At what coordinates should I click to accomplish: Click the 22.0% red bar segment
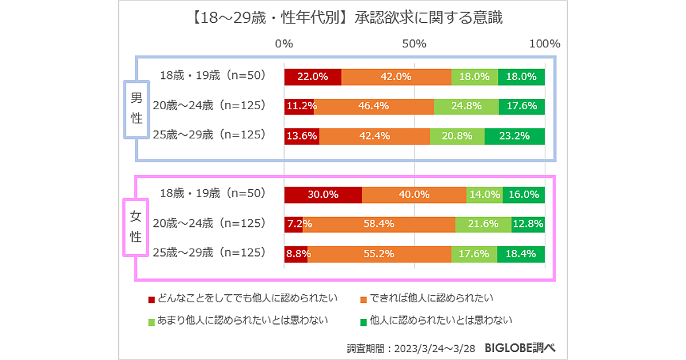313,77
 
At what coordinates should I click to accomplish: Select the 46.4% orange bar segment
374,106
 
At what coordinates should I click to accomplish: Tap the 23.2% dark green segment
514,136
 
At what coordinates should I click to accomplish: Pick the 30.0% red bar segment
323,194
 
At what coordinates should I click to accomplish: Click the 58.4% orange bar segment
379,224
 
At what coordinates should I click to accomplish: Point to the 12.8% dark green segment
528,224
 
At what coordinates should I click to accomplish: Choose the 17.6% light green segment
474,254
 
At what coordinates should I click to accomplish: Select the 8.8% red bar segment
296,254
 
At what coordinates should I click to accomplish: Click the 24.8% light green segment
466,106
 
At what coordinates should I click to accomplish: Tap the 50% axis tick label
414,44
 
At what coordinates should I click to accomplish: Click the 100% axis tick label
544,44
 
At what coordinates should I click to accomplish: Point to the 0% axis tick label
284,44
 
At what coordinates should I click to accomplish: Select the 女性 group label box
136,227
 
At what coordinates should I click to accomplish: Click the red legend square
151,299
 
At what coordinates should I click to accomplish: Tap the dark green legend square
364,321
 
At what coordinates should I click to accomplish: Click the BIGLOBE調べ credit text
520,347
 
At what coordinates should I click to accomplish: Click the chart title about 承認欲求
345,18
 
